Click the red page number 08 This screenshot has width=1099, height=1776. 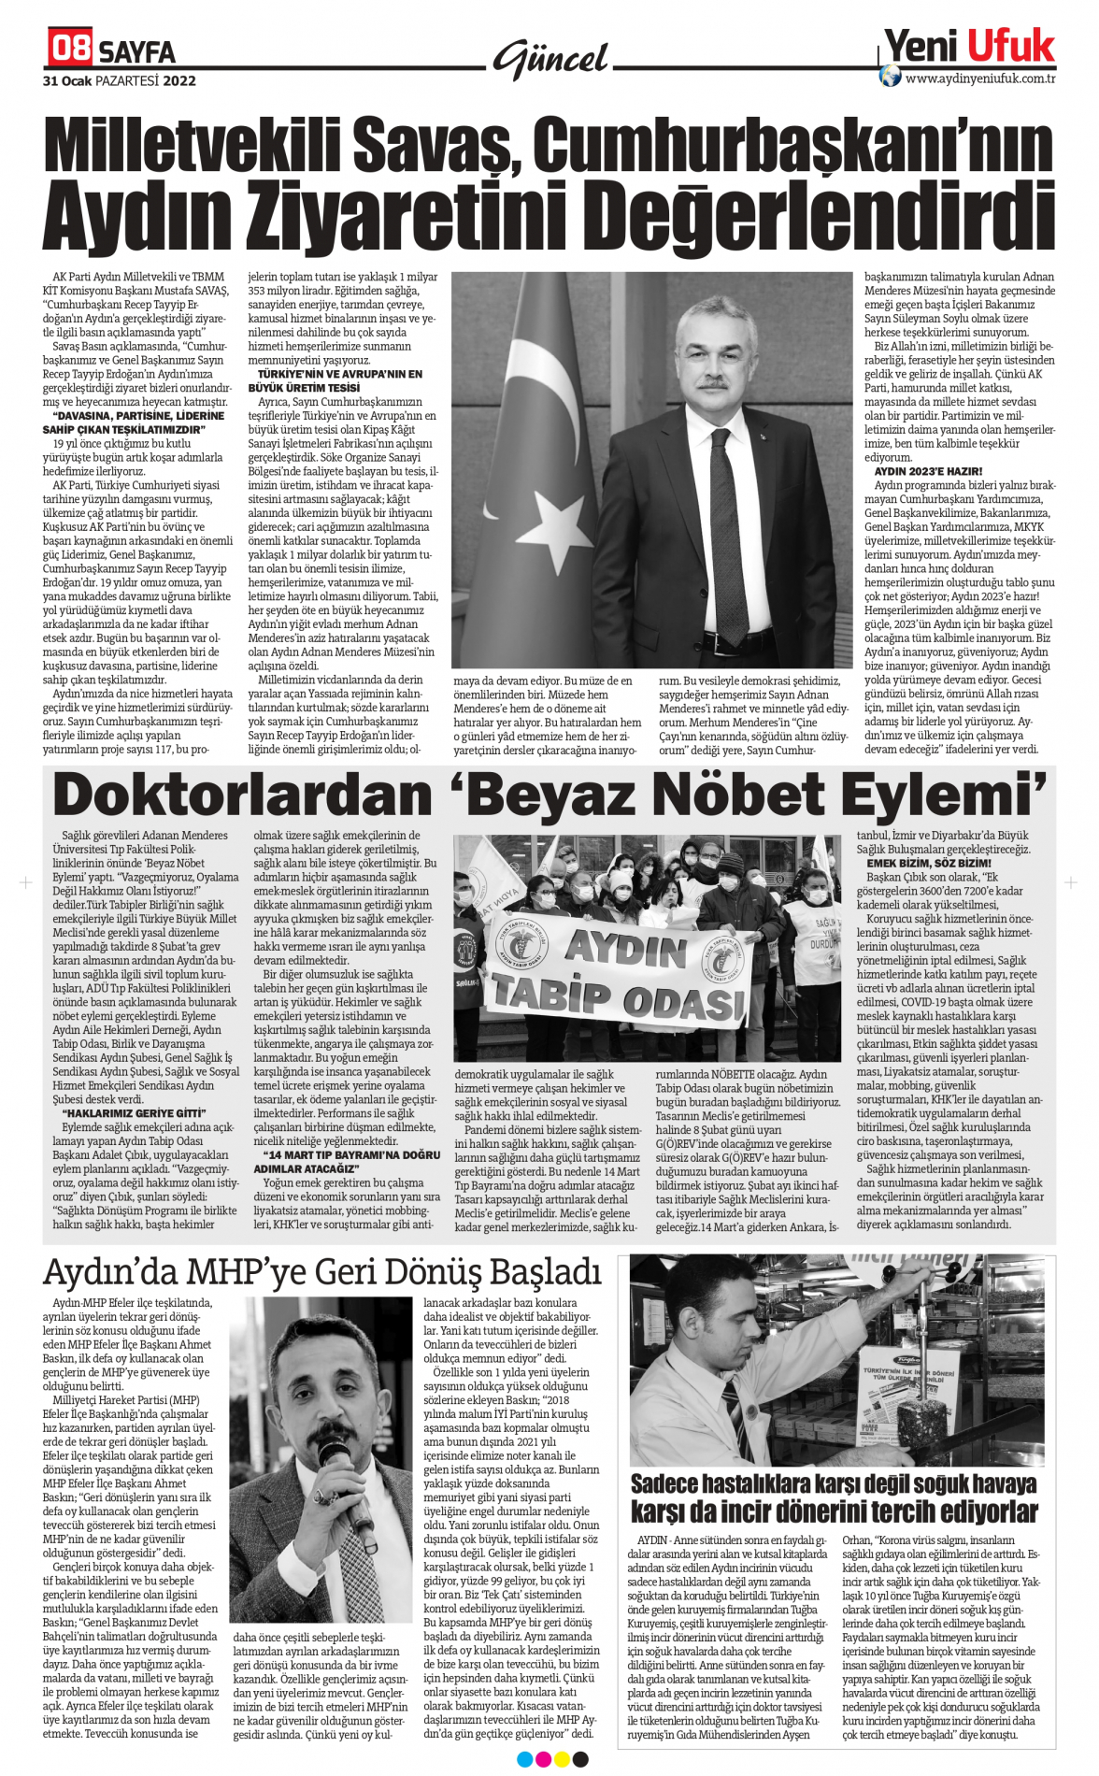coord(71,47)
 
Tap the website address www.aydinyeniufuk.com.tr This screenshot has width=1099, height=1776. coord(980,79)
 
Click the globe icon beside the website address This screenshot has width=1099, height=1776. coord(890,76)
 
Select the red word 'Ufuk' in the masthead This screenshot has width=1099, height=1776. coord(1010,45)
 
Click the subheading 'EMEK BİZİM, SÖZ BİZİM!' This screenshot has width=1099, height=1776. coord(929,863)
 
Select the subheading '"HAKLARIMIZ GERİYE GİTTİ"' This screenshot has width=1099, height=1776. coord(136,1113)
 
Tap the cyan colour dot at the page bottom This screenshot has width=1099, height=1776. coord(524,1760)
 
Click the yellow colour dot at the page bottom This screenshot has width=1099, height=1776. coord(562,1760)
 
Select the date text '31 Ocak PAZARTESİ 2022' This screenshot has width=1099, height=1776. coord(120,81)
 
